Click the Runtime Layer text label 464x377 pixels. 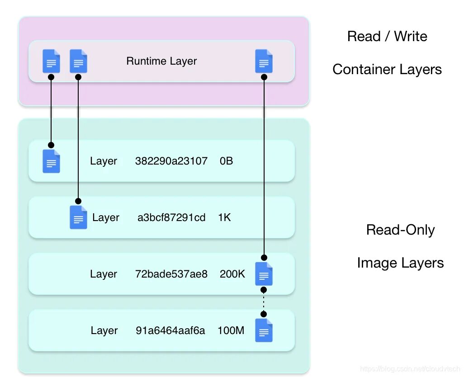161,61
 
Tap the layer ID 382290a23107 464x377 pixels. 171,161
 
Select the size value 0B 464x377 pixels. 227,161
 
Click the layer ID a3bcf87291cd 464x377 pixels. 171,217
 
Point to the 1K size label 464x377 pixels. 224,217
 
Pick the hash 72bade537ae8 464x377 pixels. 171,274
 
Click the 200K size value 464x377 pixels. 232,274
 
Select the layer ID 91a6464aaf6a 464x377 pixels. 170,330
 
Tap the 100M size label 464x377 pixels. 231,330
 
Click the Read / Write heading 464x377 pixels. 387,36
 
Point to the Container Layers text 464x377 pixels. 387,70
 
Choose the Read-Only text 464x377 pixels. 400,230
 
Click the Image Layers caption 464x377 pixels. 400,263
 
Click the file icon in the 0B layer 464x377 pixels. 51,161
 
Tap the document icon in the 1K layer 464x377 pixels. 78,217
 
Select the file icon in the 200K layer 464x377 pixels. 264,274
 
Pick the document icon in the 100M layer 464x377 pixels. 264,330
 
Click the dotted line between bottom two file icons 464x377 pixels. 264,302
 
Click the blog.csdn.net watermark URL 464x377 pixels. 410,369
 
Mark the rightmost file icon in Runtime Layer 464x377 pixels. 264,61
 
